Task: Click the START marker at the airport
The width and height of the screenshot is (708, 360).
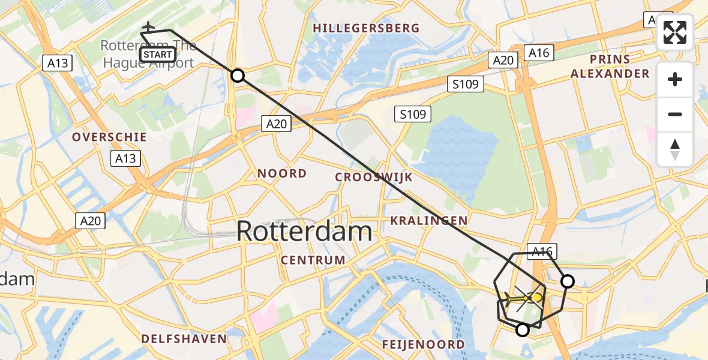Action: pos(158,55)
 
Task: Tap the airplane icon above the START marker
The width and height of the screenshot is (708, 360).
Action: pos(148,28)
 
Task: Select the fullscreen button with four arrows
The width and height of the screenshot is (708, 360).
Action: pos(675,32)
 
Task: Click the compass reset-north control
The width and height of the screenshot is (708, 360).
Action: pos(675,149)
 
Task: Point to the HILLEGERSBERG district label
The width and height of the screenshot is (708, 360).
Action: pos(365,28)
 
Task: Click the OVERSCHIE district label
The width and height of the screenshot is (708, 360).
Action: pos(109,137)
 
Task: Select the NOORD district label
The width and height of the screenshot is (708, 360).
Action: pos(282,173)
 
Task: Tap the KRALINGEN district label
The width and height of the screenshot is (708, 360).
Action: pos(428,221)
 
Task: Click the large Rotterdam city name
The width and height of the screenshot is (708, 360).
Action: pos(304,231)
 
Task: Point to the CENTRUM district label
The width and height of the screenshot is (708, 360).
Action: pos(313,260)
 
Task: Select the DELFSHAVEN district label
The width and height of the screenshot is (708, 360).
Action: pos(184,338)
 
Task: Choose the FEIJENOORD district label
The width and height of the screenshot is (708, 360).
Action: pos(424,344)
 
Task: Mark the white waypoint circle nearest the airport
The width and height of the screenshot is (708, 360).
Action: pos(238,76)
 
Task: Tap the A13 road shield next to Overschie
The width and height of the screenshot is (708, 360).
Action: pos(125,158)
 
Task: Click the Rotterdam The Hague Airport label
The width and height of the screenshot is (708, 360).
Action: pos(148,54)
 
